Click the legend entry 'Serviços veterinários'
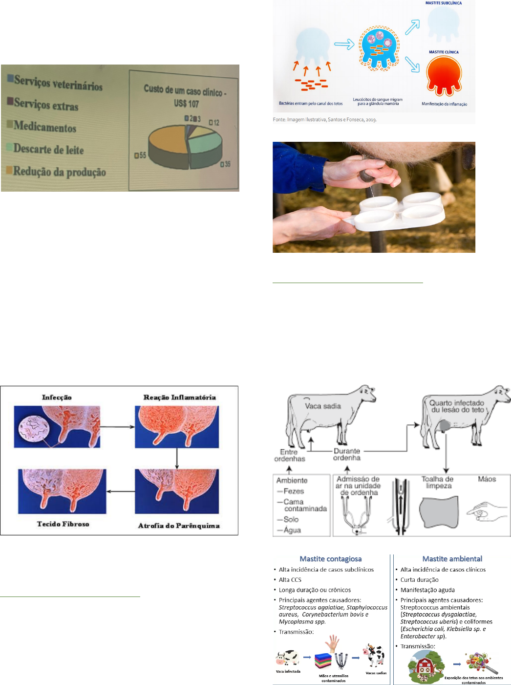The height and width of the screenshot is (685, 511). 58,83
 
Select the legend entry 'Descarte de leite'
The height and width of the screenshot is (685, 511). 48,149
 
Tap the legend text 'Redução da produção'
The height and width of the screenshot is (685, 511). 59,171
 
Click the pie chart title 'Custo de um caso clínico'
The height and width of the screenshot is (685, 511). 185,91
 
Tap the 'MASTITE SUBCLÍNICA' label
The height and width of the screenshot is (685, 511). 443,3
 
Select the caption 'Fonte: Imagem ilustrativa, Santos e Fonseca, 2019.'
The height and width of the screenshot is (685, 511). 324,119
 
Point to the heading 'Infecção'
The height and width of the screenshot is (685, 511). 57,398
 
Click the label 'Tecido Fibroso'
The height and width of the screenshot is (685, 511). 63,524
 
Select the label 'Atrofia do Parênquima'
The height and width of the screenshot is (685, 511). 179,526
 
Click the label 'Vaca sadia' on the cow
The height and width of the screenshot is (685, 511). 323,406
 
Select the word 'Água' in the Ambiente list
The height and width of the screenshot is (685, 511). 292,530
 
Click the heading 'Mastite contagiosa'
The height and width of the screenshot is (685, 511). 331,559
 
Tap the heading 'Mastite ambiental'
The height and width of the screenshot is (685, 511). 452,559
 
